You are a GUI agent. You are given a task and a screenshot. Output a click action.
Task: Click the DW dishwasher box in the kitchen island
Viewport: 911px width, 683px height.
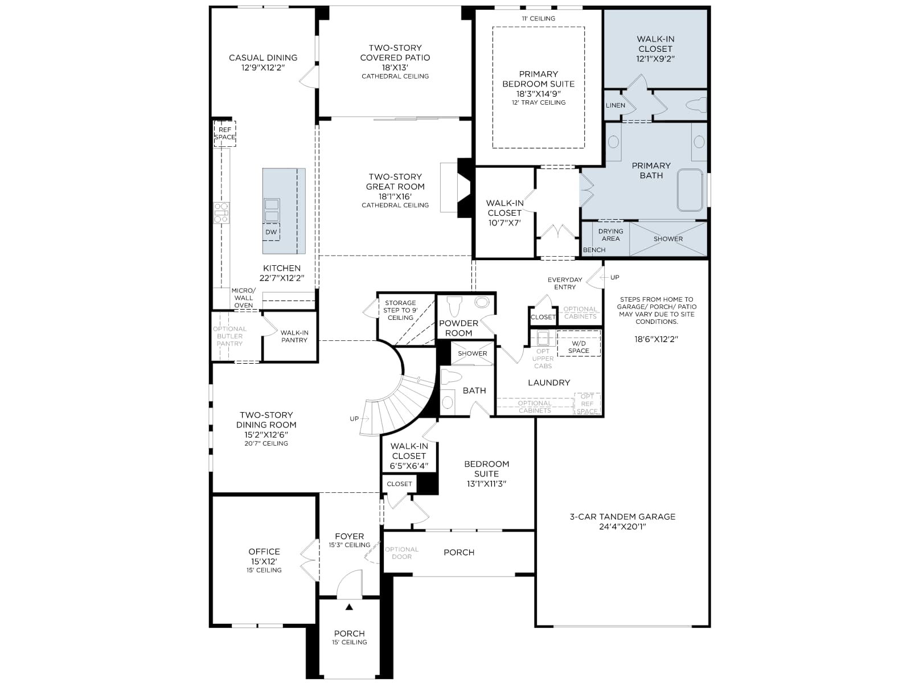(x=271, y=232)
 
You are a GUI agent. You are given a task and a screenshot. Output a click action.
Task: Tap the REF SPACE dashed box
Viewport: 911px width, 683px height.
(x=225, y=134)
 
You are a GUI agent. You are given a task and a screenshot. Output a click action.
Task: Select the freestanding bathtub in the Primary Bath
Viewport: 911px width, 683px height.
(x=690, y=190)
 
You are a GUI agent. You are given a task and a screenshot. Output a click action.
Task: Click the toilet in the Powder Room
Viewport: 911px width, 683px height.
(x=455, y=306)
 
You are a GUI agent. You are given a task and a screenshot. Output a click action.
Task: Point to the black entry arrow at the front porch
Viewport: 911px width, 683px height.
(x=350, y=607)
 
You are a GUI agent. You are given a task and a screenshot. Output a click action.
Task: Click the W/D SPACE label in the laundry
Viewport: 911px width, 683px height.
(x=578, y=347)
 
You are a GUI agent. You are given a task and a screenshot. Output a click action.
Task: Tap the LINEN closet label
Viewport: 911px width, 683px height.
(x=615, y=105)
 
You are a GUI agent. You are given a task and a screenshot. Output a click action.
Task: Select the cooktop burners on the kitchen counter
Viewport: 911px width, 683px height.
(x=221, y=213)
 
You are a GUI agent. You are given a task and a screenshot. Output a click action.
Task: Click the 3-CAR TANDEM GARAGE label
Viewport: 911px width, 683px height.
(x=622, y=517)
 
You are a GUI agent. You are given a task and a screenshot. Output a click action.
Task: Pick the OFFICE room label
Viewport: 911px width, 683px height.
(x=264, y=552)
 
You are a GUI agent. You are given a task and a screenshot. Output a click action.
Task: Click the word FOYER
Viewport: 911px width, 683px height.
(x=350, y=536)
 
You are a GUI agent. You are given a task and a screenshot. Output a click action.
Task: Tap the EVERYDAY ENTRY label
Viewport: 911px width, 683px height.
(x=565, y=283)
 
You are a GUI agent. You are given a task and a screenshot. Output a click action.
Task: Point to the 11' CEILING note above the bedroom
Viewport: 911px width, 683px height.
(x=538, y=19)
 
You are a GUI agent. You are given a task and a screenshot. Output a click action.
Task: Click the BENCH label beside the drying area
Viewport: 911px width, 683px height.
(x=594, y=250)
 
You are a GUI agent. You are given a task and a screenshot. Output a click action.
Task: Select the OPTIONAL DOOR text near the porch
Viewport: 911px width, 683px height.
(x=402, y=553)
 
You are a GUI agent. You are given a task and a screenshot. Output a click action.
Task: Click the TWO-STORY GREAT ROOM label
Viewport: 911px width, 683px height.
(x=395, y=182)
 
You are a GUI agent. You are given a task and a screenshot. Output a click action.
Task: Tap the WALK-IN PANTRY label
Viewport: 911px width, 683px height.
(x=294, y=336)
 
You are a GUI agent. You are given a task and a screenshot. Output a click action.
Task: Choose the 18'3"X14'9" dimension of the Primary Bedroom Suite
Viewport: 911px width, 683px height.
(x=538, y=94)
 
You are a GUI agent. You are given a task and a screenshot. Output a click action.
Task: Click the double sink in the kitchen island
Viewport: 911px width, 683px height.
(x=272, y=210)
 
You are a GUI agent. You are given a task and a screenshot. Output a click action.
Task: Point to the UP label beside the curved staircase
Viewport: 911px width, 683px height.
(x=354, y=419)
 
